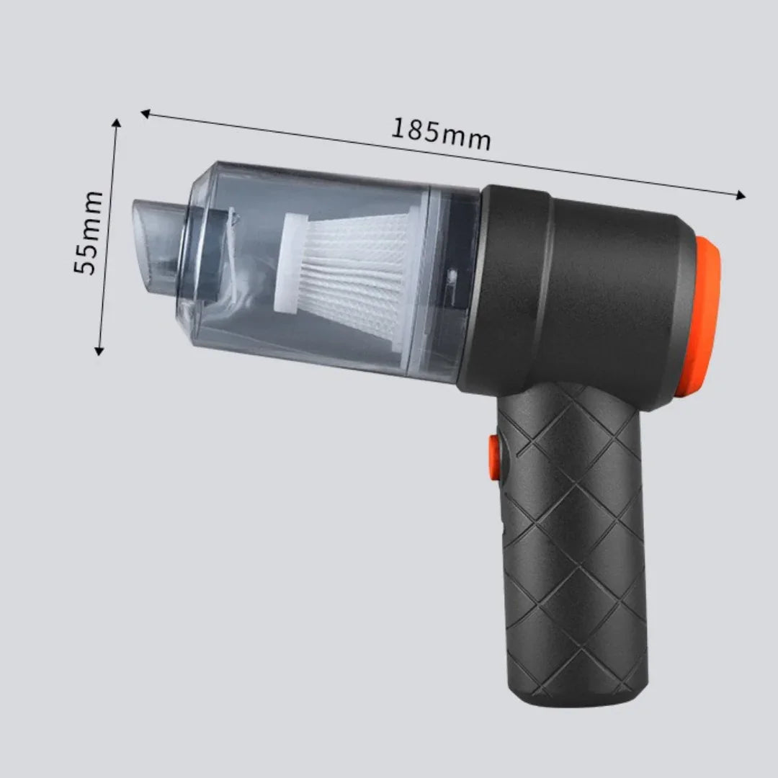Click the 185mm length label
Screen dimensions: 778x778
tap(441, 134)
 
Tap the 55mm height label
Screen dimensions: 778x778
tap(89, 232)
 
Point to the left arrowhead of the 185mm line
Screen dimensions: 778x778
tap(145, 113)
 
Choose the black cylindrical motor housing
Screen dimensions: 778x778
tap(583, 288)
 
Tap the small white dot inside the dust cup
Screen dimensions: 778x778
tap(451, 274)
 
